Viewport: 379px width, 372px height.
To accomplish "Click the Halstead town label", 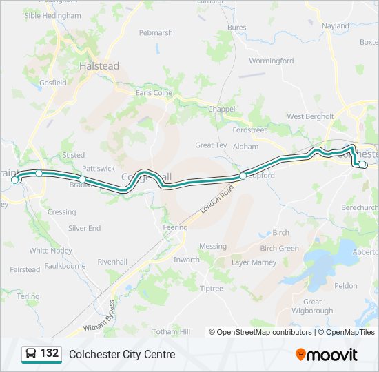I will click(x=99, y=67).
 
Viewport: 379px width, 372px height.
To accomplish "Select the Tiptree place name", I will click(x=211, y=289).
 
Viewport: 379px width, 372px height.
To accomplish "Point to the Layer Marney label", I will click(x=254, y=262).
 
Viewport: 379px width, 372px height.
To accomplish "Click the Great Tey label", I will click(x=211, y=145).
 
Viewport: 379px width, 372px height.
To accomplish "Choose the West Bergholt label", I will click(x=310, y=117).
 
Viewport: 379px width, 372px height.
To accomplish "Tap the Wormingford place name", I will click(x=271, y=61).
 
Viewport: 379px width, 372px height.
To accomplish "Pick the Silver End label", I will click(x=84, y=228).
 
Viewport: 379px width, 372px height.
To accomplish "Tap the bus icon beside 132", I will click(x=30, y=354).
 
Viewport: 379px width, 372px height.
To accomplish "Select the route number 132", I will click(x=49, y=353).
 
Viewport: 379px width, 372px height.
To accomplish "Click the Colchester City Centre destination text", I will click(x=122, y=354).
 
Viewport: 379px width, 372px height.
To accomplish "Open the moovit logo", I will click(x=327, y=354).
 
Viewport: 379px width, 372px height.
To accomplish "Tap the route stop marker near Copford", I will click(x=243, y=176).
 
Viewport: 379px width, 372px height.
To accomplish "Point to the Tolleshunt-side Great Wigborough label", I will click(x=312, y=306).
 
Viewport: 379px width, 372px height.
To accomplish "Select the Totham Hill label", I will click(x=171, y=332).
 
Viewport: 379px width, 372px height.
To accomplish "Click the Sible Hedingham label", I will click(x=52, y=14).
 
